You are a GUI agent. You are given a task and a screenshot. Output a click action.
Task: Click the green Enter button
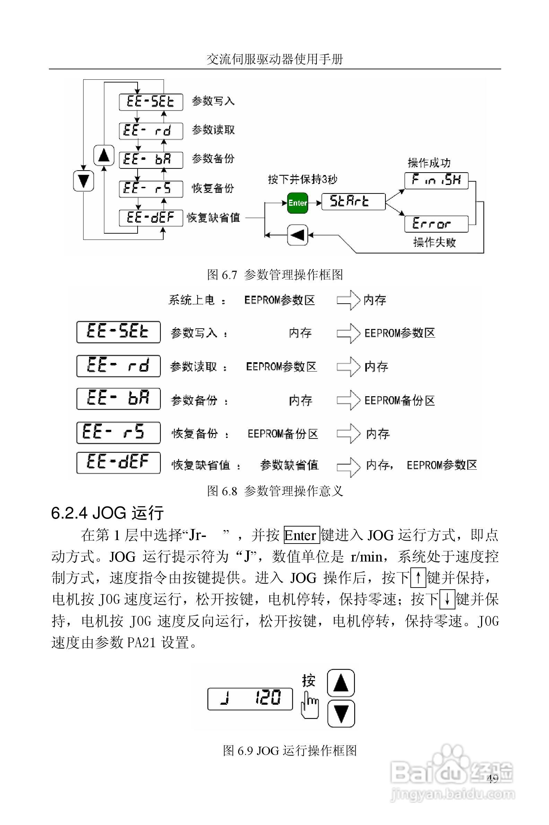click(297, 203)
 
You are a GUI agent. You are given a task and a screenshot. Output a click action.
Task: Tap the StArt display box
click(353, 201)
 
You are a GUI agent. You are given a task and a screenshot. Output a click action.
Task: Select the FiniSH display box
click(436, 180)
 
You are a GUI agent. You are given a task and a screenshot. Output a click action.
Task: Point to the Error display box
click(436, 224)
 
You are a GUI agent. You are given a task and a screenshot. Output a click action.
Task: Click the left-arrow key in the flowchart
click(297, 235)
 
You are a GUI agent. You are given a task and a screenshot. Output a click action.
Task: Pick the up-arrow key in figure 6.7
click(104, 155)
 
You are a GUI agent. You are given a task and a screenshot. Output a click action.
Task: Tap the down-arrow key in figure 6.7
click(83, 181)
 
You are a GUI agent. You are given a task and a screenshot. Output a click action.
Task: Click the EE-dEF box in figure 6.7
click(151, 218)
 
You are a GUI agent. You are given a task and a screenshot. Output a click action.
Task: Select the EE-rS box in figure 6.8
click(118, 433)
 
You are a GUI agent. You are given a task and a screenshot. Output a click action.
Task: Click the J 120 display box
click(250, 699)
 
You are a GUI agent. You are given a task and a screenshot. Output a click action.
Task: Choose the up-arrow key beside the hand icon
click(341, 683)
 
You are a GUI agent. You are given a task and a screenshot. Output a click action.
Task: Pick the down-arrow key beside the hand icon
click(341, 713)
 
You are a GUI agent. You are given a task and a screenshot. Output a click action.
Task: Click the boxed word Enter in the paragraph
click(302, 536)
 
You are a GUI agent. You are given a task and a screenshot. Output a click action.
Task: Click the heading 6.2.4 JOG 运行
click(107, 513)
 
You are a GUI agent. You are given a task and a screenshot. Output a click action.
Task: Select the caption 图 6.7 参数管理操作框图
click(275, 275)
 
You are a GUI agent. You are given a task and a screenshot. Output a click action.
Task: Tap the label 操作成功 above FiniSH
click(429, 163)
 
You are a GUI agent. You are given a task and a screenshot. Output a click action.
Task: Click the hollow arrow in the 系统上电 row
click(348, 300)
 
